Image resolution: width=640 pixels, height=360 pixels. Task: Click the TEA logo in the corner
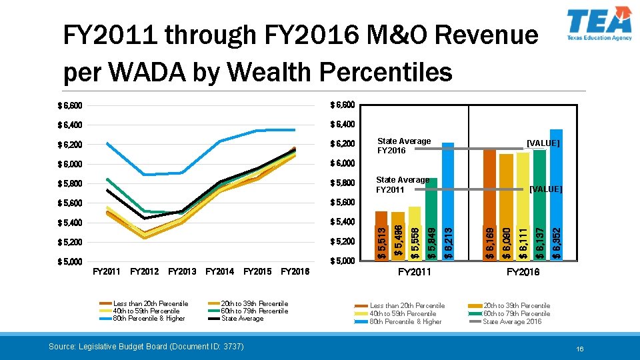(598, 25)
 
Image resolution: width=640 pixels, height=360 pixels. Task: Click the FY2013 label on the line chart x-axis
(182, 271)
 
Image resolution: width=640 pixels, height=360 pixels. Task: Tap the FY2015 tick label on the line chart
(257, 271)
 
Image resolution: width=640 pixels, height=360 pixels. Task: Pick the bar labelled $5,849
(431, 218)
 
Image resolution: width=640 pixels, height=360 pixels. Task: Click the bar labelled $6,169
(489, 203)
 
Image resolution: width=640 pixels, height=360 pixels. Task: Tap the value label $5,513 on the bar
(381, 243)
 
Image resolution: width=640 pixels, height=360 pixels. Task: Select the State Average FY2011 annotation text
(403, 185)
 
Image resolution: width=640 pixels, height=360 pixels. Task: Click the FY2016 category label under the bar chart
(523, 272)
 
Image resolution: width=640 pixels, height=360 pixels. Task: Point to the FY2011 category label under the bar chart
(415, 272)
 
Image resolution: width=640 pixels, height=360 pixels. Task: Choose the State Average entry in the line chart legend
(242, 319)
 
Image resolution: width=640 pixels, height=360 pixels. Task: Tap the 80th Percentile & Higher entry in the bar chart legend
(405, 322)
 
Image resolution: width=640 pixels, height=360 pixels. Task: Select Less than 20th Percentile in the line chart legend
(151, 304)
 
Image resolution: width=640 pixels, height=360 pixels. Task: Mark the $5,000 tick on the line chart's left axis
(69, 261)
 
